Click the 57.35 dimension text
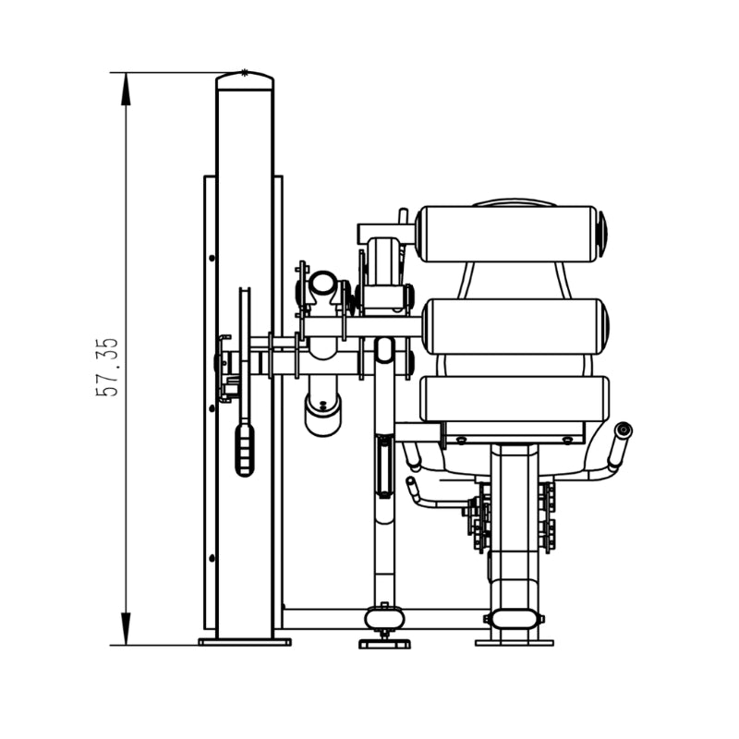click(x=107, y=367)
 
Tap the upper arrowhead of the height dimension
click(x=126, y=89)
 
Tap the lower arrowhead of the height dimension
click(x=126, y=629)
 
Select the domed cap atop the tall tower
click(x=245, y=80)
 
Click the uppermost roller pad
click(x=507, y=234)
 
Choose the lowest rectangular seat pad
click(x=515, y=399)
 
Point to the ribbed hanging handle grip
click(x=245, y=450)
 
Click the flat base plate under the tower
click(x=245, y=642)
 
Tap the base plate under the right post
click(x=515, y=642)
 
